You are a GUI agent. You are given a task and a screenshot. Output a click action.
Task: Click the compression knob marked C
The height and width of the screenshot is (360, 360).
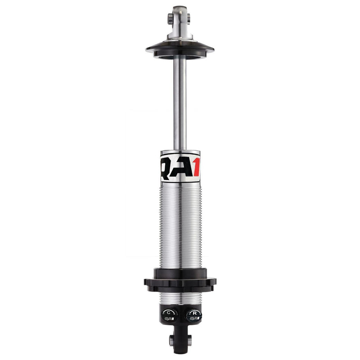point(169,312)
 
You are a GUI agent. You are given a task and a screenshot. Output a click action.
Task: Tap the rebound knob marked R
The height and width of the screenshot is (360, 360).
point(194,312)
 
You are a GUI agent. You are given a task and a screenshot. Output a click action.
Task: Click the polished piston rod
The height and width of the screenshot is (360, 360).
point(180,103)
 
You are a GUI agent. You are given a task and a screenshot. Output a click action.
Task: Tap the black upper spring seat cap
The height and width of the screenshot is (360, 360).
point(180,49)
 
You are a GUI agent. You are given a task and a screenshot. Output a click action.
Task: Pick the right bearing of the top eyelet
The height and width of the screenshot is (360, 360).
point(189,18)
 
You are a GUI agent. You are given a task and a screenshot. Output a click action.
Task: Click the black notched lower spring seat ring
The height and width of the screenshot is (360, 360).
point(180,283)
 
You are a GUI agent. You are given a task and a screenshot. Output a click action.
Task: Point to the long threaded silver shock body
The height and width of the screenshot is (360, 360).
point(180,225)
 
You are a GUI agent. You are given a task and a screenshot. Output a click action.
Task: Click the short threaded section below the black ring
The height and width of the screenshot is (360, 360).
point(180,297)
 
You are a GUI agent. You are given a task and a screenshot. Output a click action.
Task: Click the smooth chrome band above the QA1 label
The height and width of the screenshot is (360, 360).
point(180,153)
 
